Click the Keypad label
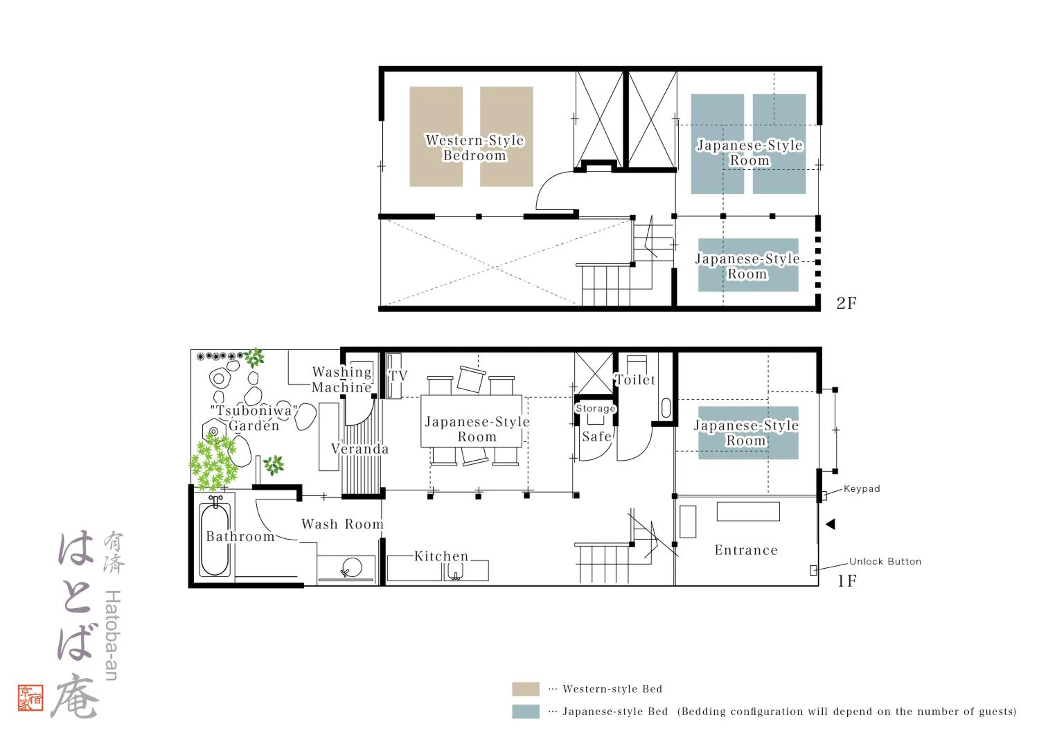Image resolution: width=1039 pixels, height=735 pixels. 862,489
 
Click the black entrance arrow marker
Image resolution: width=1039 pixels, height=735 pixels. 831,524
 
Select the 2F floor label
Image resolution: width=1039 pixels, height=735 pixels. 846,303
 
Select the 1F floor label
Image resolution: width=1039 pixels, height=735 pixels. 847,581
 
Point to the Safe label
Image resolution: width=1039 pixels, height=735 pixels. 596,437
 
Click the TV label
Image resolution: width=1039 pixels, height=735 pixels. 398,376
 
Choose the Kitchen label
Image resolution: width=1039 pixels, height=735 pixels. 441,556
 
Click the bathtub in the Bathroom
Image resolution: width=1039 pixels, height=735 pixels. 215,540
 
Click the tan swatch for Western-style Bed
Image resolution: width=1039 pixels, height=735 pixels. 525,689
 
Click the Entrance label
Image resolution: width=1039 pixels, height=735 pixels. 746,550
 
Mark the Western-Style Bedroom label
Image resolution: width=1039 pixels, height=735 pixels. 475,148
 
